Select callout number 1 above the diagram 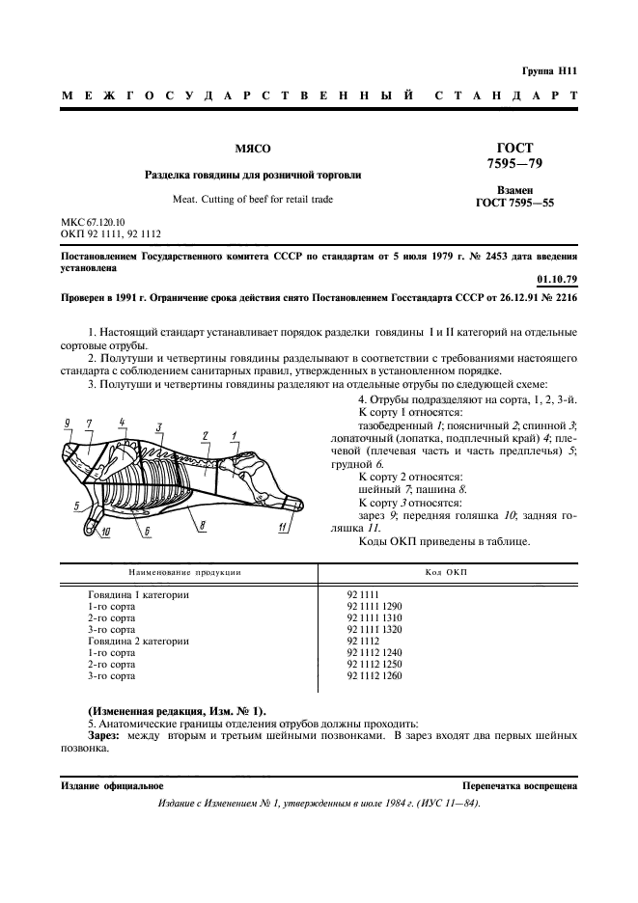[x=235, y=436]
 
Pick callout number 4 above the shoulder [x=123, y=423]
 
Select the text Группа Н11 [x=548, y=72]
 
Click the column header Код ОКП [x=446, y=572]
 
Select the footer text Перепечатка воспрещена [x=519, y=786]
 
